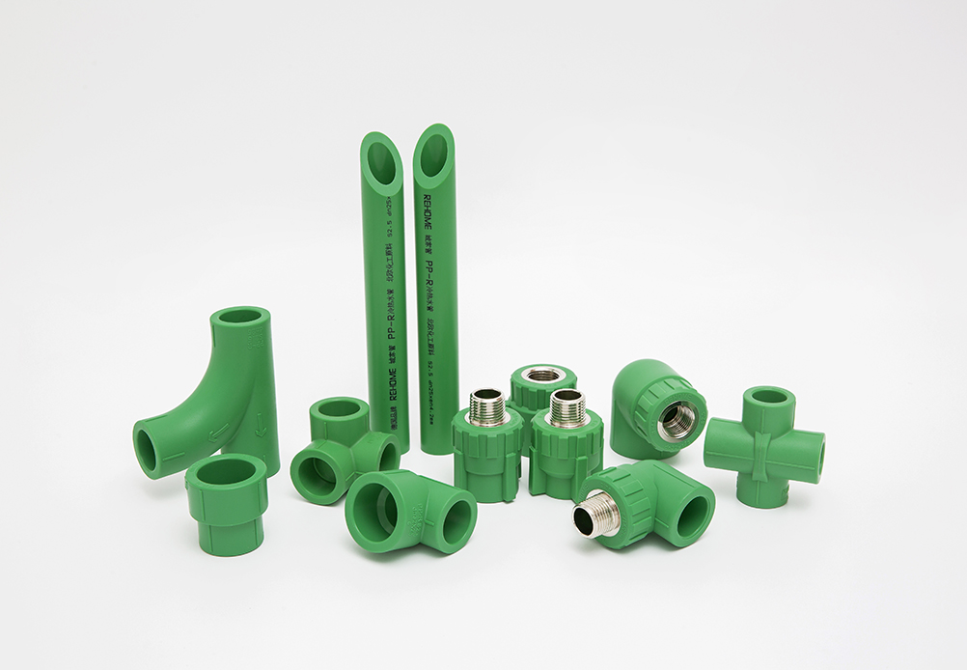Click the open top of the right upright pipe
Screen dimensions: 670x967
tap(434, 154)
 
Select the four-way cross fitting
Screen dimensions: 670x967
tap(763, 447)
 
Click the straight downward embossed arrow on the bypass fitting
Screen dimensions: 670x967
tap(262, 422)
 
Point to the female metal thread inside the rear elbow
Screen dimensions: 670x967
tap(678, 419)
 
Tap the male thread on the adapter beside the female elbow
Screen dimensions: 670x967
tap(566, 408)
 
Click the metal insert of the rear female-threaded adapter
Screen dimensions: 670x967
tap(543, 375)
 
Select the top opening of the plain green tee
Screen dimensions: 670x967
tap(340, 408)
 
